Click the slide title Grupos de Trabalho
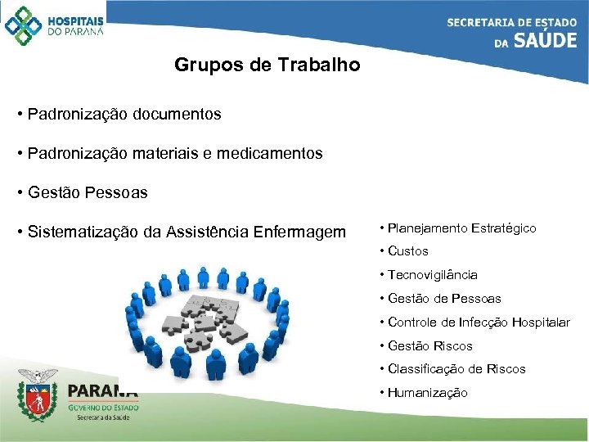[x=267, y=65]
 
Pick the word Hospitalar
[x=541, y=322]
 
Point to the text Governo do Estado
[x=102, y=407]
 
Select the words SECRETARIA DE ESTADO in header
[x=511, y=22]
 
